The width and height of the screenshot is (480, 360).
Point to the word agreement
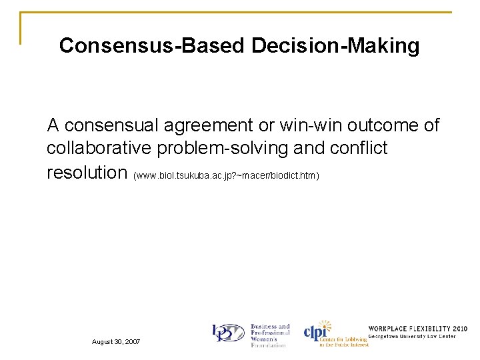tap(214, 125)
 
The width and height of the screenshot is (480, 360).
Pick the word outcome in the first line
tap(389, 125)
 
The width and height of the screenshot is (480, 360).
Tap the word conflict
tap(357, 148)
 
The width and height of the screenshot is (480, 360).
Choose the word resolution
tap(87, 172)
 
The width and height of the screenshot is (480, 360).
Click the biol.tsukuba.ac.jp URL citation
tap(227, 175)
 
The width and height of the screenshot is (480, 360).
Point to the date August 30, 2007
tap(116, 341)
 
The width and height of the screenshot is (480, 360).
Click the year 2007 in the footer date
tap(131, 341)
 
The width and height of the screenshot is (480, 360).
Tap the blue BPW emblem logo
tap(229, 334)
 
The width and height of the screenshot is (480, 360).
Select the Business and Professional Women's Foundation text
tap(270, 336)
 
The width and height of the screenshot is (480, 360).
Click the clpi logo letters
tap(319, 331)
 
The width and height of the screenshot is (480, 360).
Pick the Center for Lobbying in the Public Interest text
tap(343, 342)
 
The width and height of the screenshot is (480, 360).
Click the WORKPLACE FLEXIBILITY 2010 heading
tap(417, 329)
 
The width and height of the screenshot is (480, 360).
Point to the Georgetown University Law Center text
tap(413, 337)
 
